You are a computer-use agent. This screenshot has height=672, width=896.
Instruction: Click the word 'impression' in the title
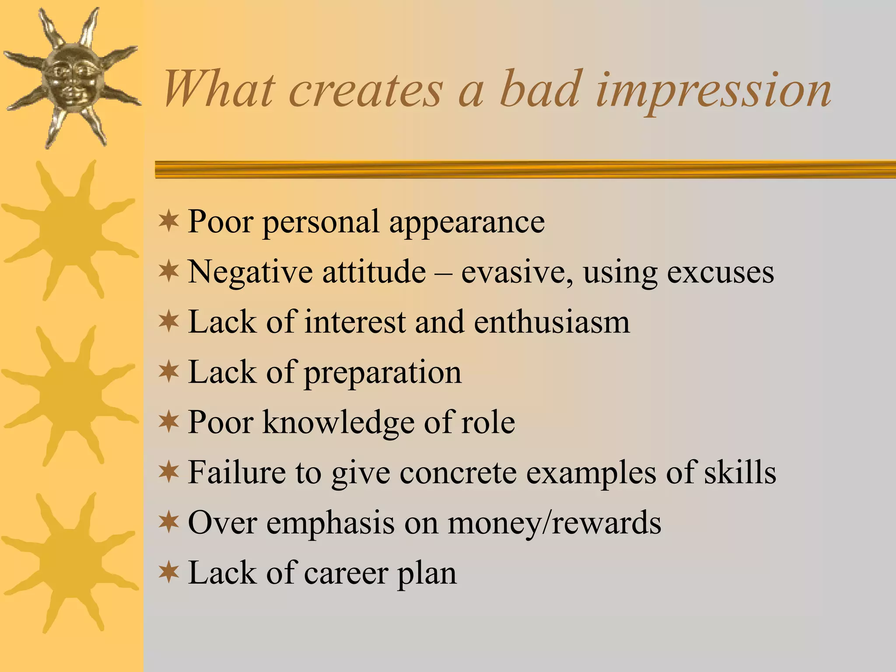tap(713, 91)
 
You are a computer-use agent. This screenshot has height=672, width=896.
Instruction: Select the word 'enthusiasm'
tap(552, 322)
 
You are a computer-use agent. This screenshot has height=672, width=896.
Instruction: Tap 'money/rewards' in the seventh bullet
tap(554, 523)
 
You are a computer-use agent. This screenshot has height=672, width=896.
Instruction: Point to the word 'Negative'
tap(250, 272)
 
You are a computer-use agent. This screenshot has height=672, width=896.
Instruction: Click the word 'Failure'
tap(236, 473)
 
